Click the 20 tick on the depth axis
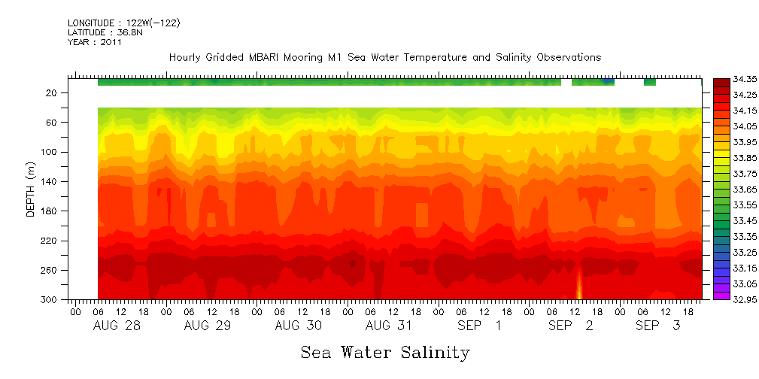pos(53,93)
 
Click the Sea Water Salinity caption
pos(385,353)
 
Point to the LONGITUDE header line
pos(123,23)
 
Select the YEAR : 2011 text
pos(94,43)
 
